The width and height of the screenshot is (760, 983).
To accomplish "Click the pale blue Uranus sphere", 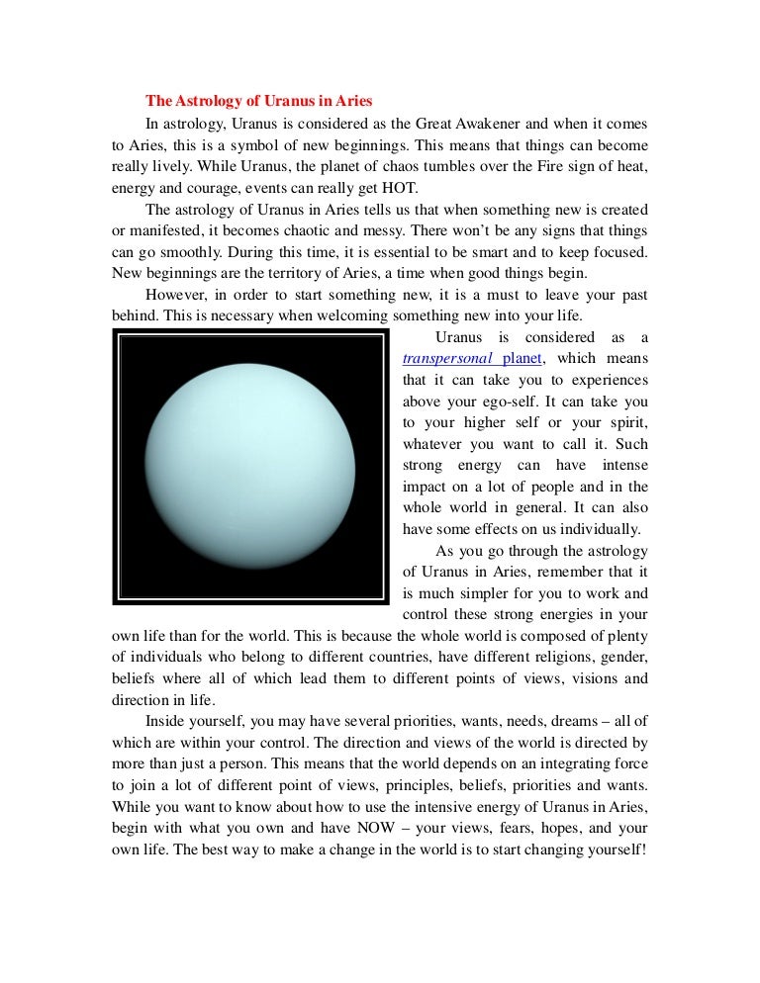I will pos(248,465).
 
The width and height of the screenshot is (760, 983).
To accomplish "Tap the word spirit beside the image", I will pos(626,423).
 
